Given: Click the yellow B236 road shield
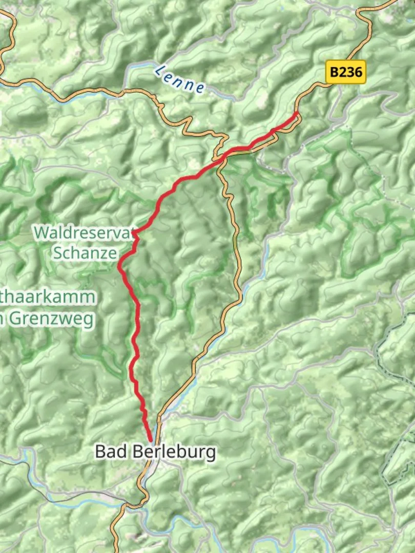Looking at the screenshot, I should tap(346, 72).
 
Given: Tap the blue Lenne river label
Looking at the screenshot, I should tap(180, 79).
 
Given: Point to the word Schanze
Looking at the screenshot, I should tap(85, 252).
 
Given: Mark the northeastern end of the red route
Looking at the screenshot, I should tap(297, 114).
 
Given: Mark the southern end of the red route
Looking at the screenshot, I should tap(151, 440).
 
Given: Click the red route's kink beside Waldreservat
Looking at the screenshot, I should tap(134, 233).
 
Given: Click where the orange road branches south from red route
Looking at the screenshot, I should tap(220, 163).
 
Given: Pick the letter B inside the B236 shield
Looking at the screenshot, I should tap(334, 72).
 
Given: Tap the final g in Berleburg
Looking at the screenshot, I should tap(210, 454).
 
